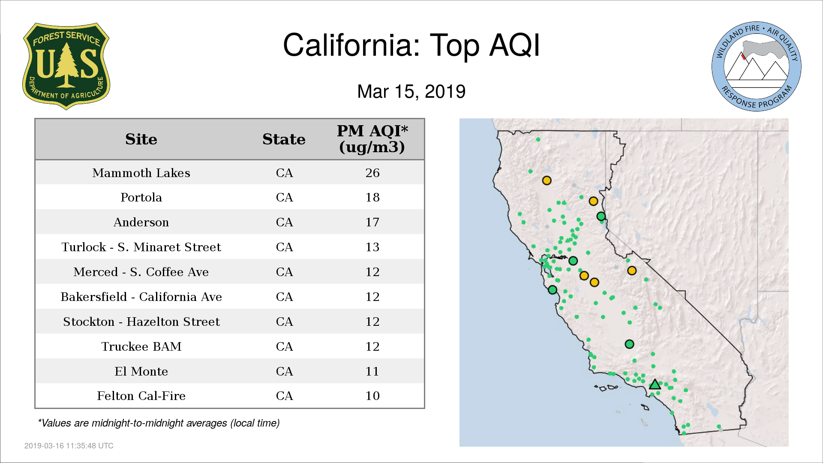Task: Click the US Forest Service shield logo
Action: tap(66, 66)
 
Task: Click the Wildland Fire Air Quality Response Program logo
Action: tap(757, 66)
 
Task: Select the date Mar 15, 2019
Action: tap(411, 91)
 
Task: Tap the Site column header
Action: tap(141, 139)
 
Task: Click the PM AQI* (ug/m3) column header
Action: tap(372, 139)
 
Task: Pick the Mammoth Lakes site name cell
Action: tap(141, 173)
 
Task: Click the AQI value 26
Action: tap(372, 173)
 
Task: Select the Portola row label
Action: tap(141, 197)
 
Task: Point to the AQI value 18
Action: tap(372, 197)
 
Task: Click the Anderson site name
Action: tap(141, 222)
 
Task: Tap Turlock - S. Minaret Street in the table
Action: tap(141, 247)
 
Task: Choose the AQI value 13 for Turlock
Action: tap(372, 247)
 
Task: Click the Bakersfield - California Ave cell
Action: tap(141, 297)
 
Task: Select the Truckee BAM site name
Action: tap(141, 346)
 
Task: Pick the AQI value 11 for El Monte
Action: tap(372, 371)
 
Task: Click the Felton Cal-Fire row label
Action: tap(141, 396)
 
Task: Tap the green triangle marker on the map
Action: tap(655, 385)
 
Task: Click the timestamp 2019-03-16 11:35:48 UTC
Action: tap(69, 446)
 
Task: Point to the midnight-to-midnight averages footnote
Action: tap(159, 423)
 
